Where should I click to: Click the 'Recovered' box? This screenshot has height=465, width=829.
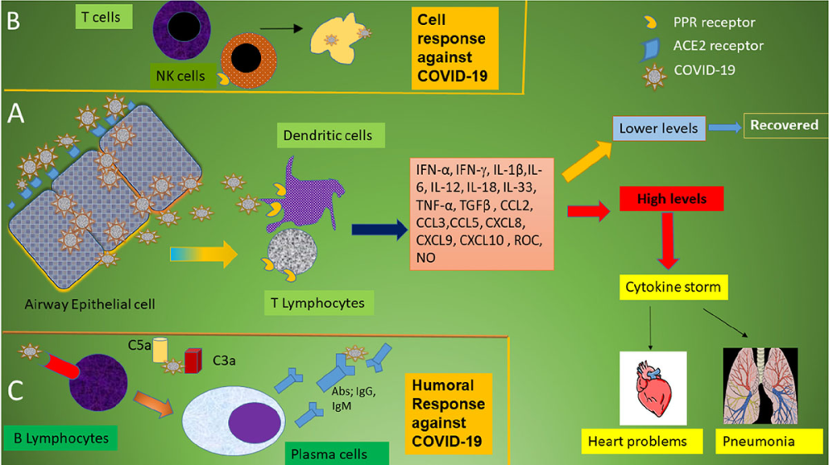pyautogui.click(x=784, y=125)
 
